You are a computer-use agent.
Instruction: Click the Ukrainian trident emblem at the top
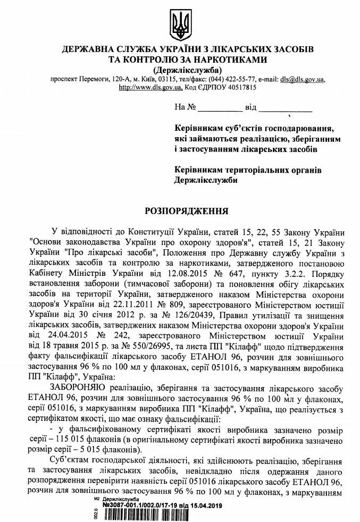tap(180, 25)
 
